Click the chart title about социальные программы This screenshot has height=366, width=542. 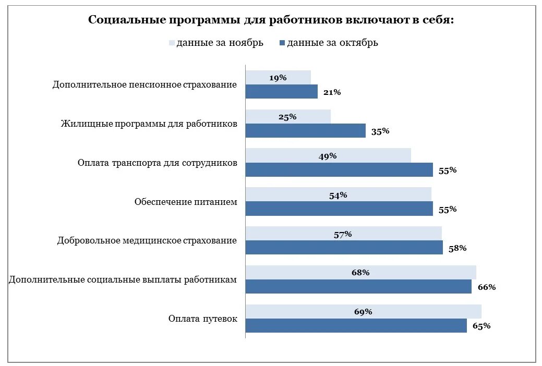271,20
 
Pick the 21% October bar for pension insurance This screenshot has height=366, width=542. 282,92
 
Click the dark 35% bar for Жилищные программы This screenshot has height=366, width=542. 305,131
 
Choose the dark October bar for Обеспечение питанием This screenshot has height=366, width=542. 339,209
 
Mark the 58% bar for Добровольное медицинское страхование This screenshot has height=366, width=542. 344,248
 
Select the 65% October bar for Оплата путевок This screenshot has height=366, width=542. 356,326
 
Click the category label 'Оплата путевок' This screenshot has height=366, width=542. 202,319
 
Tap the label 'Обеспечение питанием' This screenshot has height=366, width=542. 185,202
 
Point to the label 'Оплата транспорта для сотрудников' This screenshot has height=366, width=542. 158,163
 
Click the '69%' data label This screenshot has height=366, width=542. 363,312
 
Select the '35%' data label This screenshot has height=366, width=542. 380,131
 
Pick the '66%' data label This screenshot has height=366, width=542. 486,287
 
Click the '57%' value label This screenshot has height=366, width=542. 343,234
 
